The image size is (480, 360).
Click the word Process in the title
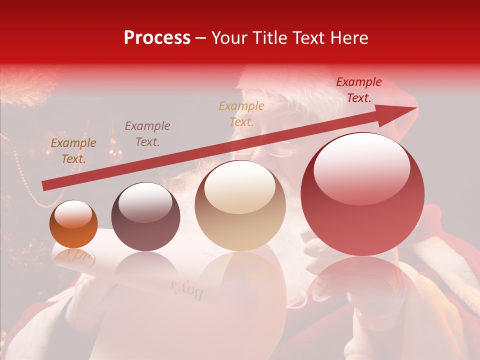(157, 38)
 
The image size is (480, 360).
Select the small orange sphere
(73, 224)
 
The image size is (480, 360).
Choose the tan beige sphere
(240, 206)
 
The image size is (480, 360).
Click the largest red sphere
(362, 195)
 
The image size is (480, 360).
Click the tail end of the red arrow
(45, 185)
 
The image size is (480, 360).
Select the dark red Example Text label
(358, 90)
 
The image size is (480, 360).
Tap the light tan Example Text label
(241, 113)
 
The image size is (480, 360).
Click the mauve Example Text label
(147, 133)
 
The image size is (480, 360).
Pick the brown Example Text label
(73, 151)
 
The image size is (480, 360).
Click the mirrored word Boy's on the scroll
(186, 290)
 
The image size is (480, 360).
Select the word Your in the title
(227, 38)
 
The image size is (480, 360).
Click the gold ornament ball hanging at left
(115, 153)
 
